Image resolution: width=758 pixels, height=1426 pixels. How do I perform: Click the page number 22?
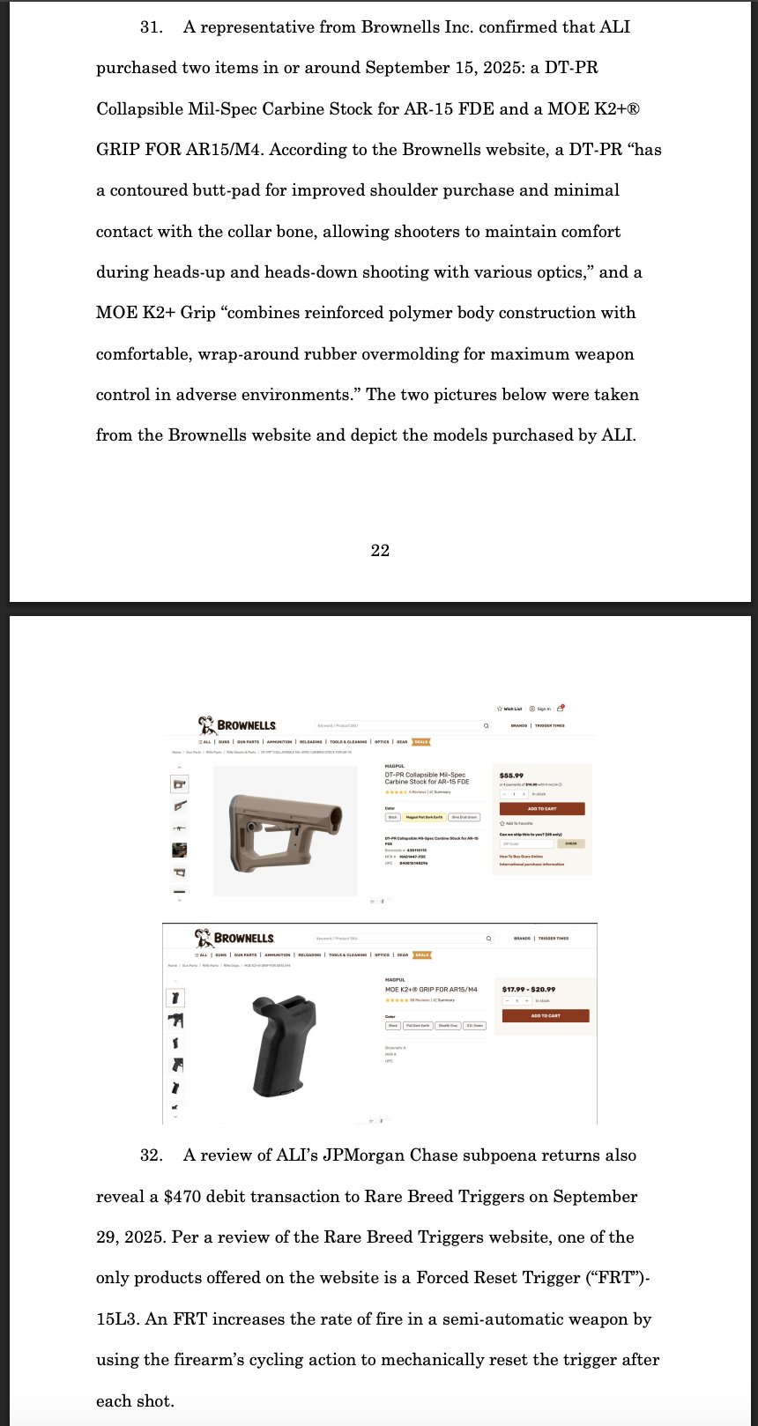(380, 551)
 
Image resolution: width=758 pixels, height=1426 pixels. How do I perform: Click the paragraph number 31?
(152, 27)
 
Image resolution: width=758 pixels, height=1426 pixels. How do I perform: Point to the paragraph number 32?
(152, 1155)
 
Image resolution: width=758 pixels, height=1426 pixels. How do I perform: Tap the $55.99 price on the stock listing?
(511, 776)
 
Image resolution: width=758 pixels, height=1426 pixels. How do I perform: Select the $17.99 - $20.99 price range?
(529, 989)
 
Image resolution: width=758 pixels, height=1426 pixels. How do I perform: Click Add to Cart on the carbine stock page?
(542, 808)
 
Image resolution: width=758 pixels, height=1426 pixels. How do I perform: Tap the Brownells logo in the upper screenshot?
(238, 725)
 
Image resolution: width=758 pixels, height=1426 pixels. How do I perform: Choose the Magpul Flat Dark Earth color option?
(424, 817)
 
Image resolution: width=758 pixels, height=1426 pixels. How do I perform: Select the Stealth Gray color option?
(448, 1026)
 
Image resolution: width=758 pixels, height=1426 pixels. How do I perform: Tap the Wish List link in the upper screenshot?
(510, 709)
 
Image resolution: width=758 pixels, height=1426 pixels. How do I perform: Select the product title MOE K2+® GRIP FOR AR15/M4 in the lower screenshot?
(431, 990)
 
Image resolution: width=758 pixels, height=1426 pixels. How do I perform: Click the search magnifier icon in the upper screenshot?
(486, 726)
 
